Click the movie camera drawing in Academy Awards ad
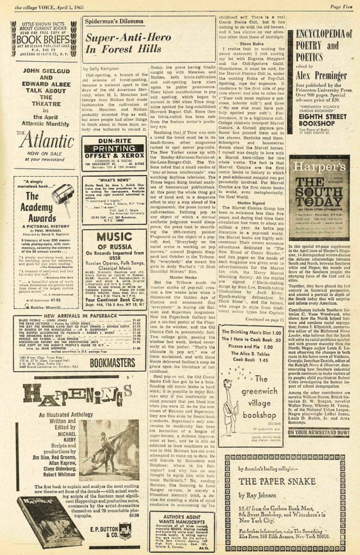(x=62, y=193)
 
